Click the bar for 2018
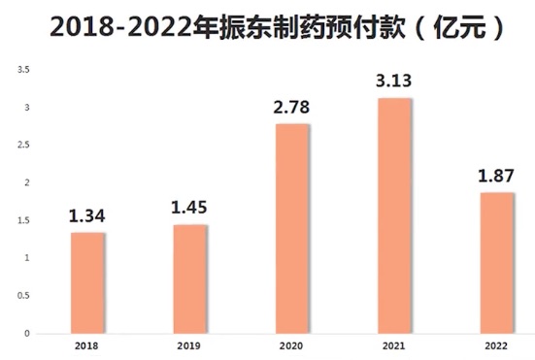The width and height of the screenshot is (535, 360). click(x=87, y=282)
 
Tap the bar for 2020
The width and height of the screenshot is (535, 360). click(x=292, y=228)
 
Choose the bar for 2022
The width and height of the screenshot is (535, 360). click(x=497, y=263)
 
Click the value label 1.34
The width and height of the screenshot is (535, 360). click(x=87, y=215)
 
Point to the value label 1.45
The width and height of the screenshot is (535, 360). click(x=189, y=208)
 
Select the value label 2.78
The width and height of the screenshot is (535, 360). click(x=292, y=107)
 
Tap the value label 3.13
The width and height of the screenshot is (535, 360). click(x=395, y=81)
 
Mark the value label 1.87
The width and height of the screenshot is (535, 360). click(x=497, y=176)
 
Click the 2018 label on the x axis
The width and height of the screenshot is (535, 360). click(x=87, y=344)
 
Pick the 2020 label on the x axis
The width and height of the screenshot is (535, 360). click(x=292, y=344)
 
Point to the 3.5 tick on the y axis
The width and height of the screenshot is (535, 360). click(x=24, y=70)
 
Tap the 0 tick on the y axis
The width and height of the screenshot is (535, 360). click(x=27, y=333)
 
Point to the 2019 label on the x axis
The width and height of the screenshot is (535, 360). click(x=189, y=344)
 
